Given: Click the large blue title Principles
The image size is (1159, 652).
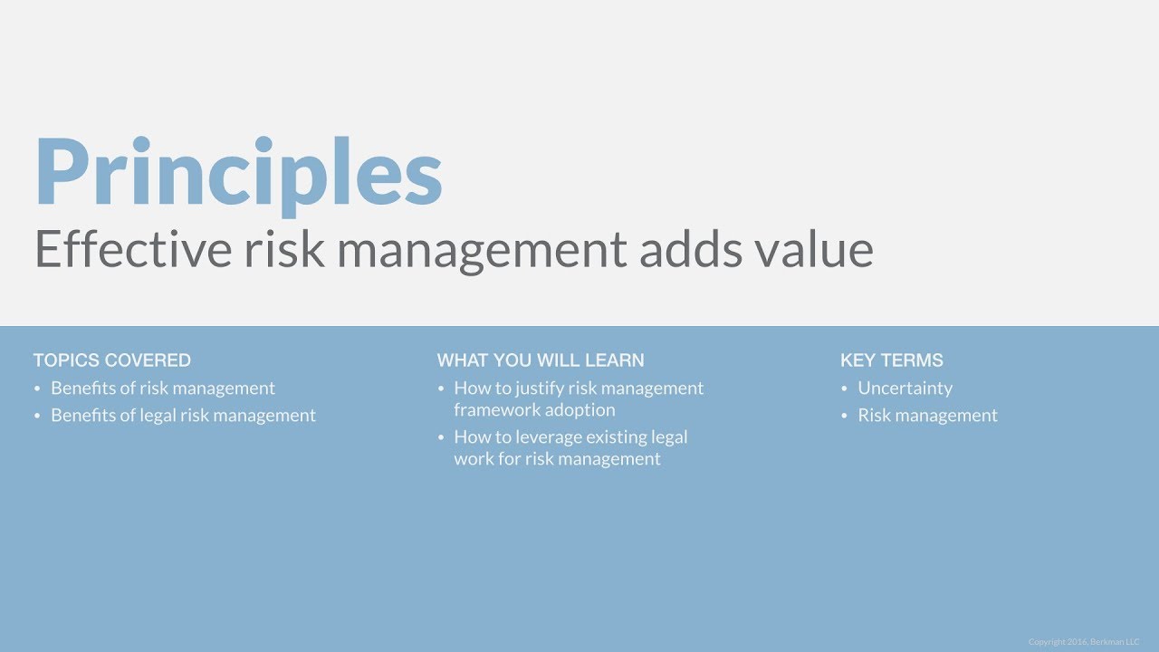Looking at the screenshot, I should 238,175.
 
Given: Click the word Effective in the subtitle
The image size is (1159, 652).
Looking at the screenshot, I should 132,249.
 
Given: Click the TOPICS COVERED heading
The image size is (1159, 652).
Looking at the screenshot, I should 112,360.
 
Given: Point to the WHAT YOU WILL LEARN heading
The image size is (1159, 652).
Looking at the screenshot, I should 541,360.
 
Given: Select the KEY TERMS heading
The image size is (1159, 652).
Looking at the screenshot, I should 892,360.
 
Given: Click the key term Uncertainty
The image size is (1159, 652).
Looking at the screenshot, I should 905,388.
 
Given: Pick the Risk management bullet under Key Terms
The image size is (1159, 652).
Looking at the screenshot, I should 927,416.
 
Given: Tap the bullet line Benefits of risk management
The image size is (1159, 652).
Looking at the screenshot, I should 163,388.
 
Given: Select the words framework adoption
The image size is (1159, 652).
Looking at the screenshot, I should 534,409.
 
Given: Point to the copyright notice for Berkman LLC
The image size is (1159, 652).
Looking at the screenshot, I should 1085,642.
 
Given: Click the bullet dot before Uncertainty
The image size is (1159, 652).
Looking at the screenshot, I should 845,389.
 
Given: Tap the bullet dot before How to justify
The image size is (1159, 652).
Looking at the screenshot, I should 441,389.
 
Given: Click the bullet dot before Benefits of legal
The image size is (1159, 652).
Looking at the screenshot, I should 37,417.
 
